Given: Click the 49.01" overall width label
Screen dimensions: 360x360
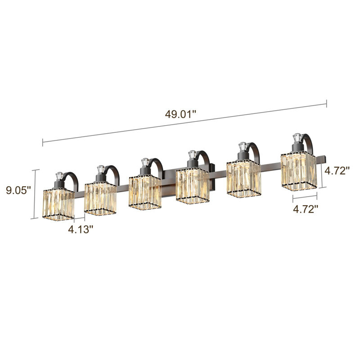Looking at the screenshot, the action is pos(181,114).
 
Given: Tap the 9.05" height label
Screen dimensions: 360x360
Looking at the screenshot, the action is pos(18,190).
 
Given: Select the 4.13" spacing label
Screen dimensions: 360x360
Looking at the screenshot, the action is pos(81,229).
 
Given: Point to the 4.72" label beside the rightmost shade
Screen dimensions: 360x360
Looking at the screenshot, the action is pos(337,171).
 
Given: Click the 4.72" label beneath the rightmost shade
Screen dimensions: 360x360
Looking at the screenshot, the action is pos(306,209).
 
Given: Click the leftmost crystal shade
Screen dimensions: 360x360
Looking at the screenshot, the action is pos(58,204).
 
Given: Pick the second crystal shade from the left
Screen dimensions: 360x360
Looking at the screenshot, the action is pos(100,198).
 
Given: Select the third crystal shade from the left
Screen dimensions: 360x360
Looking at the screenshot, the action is pos(145,193).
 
